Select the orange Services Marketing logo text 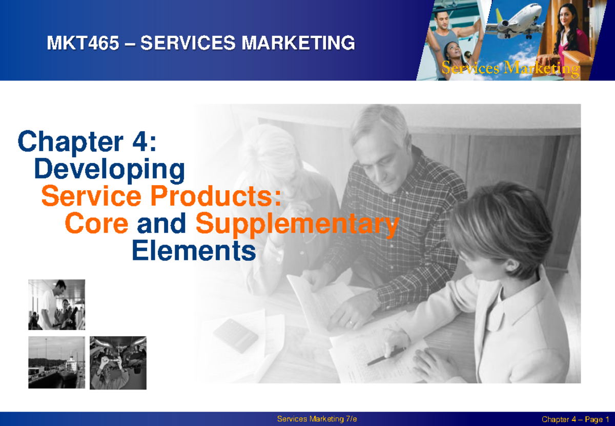[510, 68]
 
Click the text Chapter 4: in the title [87, 141]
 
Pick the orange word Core [96, 224]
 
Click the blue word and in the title [161, 224]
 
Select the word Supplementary [297, 225]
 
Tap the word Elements [194, 251]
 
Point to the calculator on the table [236, 335]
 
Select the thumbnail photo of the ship [56, 362]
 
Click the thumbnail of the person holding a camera [118, 362]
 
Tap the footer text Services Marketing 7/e [317, 419]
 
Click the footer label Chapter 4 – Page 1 [572, 419]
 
